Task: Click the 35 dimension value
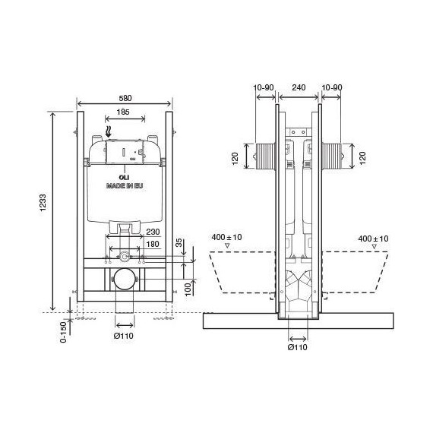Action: click(179, 245)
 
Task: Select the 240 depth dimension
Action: click(299, 88)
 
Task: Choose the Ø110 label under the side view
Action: click(299, 347)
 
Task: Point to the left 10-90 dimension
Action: click(264, 88)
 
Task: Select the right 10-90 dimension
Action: click(333, 88)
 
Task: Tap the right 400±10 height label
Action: click(373, 239)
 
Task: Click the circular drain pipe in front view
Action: click(122, 280)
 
